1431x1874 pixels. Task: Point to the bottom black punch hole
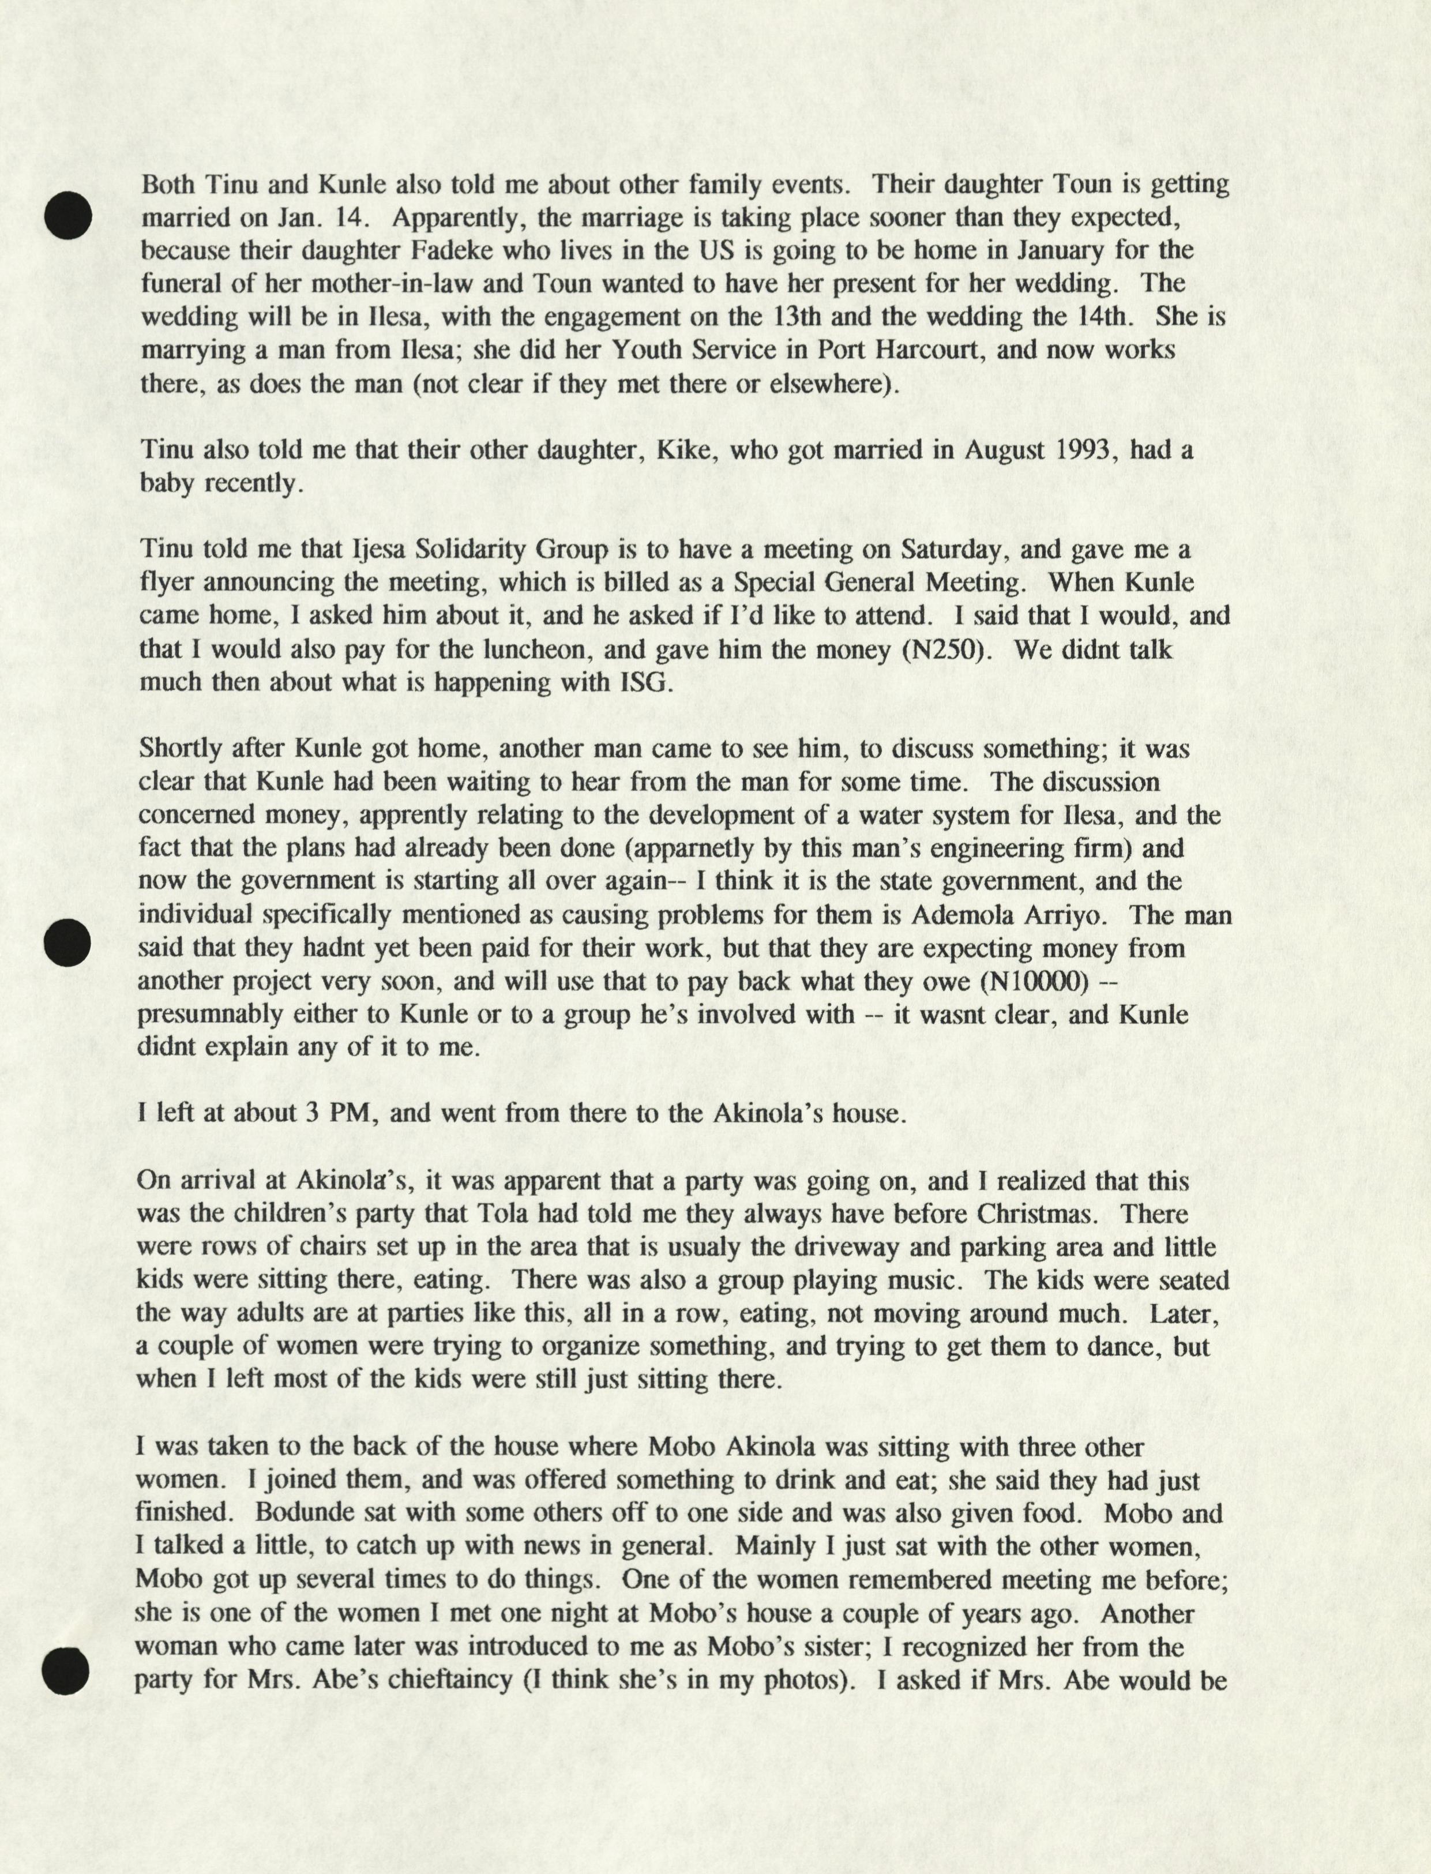pyautogui.click(x=66, y=1670)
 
